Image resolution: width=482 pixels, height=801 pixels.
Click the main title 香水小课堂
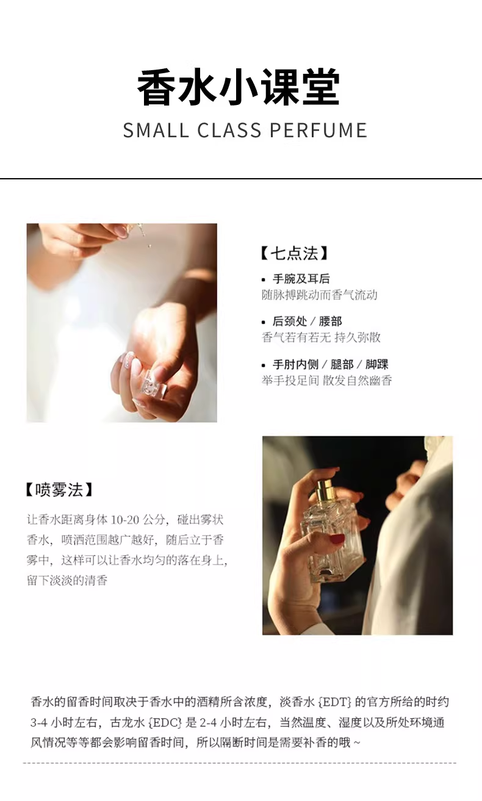239,87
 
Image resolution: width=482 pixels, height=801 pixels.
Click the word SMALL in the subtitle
156,130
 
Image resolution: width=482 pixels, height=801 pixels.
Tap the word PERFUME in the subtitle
318,130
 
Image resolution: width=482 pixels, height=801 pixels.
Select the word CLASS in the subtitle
229,130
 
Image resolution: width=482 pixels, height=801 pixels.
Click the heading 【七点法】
294,254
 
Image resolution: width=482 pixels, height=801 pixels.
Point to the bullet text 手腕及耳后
301,279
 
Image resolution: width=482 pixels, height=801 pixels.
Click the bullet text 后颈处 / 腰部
307,321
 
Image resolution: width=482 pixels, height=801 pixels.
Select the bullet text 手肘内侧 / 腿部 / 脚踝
331,364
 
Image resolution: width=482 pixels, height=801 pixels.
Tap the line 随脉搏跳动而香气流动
319,295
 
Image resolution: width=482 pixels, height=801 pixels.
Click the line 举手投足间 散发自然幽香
327,381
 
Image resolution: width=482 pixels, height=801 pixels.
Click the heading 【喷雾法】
59,490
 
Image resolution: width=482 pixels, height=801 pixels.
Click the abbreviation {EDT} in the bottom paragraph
335,702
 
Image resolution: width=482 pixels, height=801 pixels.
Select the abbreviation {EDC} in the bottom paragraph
165,723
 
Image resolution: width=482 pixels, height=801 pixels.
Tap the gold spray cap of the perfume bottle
325,490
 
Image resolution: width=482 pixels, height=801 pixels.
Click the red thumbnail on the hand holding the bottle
336,539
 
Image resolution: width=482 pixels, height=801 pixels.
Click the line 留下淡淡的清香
67,580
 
